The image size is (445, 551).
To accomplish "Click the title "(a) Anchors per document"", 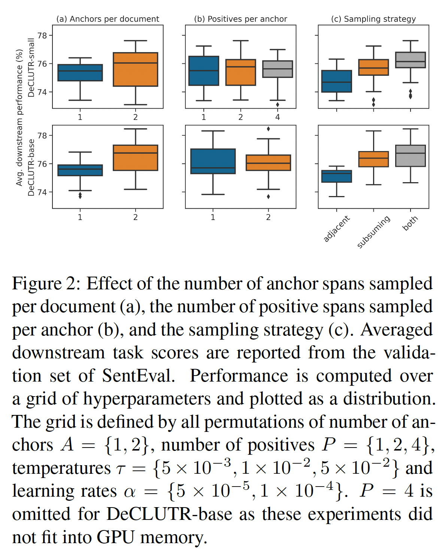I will pyautogui.click(x=108, y=19).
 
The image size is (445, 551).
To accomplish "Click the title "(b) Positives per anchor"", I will pyautogui.click(x=240, y=19).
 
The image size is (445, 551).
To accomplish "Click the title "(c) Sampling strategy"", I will pyautogui.click(x=373, y=19).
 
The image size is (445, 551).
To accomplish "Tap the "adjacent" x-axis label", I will pyautogui.click(x=336, y=229).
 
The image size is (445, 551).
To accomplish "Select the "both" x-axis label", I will pyautogui.click(x=410, y=223).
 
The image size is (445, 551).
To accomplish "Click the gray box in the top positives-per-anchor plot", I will pyautogui.click(x=278, y=69).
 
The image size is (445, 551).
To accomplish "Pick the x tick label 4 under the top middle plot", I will pyautogui.click(x=278, y=117).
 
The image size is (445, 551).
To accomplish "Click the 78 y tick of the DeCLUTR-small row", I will pyautogui.click(x=42, y=36).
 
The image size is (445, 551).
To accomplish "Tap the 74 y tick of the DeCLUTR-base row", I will pyautogui.click(x=42, y=192).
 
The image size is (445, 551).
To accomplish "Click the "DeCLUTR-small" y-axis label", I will pyautogui.click(x=31, y=67).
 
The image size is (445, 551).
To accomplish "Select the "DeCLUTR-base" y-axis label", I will pyautogui.click(x=31, y=168).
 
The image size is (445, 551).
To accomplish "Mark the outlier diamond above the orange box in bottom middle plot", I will pyautogui.click(x=268, y=129).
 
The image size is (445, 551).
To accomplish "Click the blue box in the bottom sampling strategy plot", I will pyautogui.click(x=337, y=176).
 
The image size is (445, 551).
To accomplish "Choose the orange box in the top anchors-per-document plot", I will pyautogui.click(x=135, y=69).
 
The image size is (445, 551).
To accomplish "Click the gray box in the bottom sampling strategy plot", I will pyautogui.click(x=411, y=156).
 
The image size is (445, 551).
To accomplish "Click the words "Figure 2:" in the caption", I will pyautogui.click(x=46, y=284).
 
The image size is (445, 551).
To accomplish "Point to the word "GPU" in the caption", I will pyautogui.click(x=115, y=538).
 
